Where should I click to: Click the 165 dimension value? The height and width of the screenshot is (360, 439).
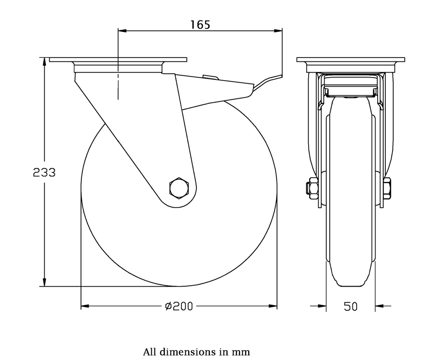click(200, 24)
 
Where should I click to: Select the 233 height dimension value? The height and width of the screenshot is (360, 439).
click(44, 172)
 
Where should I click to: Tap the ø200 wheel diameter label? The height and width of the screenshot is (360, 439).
click(179, 306)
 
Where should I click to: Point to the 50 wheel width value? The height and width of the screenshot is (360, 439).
click(350, 306)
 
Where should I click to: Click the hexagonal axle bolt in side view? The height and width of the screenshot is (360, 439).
click(179, 188)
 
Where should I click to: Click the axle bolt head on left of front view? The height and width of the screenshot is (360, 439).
click(310, 188)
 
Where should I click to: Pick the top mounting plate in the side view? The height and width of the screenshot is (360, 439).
click(118, 60)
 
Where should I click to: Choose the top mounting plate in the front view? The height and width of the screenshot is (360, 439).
click(351, 60)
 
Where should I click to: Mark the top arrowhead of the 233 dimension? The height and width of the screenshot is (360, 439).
click(44, 61)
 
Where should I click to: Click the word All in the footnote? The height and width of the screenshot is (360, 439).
click(150, 352)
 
